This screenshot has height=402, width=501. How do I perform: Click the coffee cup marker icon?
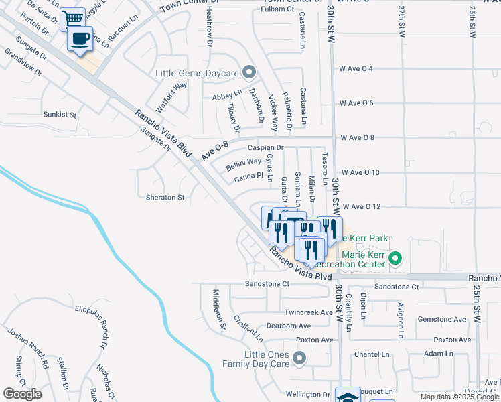80,40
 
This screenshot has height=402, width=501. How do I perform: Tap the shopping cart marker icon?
72,19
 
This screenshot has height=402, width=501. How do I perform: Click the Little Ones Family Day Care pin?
299,359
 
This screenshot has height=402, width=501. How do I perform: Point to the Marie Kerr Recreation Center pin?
395,258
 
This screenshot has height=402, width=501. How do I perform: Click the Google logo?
23,393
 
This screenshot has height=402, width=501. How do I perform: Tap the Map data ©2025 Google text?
457,397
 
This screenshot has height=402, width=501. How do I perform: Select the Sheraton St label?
165,198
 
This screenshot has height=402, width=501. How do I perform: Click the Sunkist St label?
60,115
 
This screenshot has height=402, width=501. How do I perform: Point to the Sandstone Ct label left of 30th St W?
267,284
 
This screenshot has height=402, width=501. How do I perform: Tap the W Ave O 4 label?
365,68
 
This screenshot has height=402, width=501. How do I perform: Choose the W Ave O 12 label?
360,207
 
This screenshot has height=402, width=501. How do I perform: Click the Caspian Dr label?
266,147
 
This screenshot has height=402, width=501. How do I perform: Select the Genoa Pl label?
248,176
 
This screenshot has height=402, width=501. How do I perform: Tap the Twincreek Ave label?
308,312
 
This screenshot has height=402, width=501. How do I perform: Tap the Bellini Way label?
243,162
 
